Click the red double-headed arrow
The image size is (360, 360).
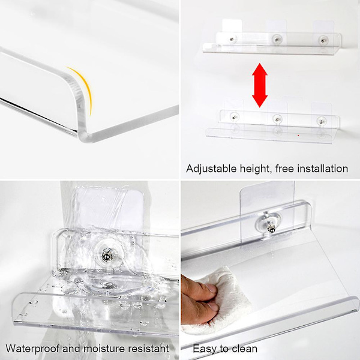coord(260,85)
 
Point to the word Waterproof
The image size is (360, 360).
coord(32,349)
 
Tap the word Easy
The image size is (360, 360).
coord(205,349)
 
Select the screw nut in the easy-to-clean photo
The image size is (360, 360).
coord(270,227)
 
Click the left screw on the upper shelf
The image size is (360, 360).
coord(232,39)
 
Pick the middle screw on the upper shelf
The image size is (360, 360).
coord(277,40)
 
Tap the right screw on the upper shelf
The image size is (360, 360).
coord(323,40)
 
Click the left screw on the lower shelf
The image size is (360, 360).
coord(234,117)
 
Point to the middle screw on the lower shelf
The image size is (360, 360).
coord(277,119)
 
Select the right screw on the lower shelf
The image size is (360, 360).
coord(320,121)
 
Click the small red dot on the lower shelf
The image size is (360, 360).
coord(298,135)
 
